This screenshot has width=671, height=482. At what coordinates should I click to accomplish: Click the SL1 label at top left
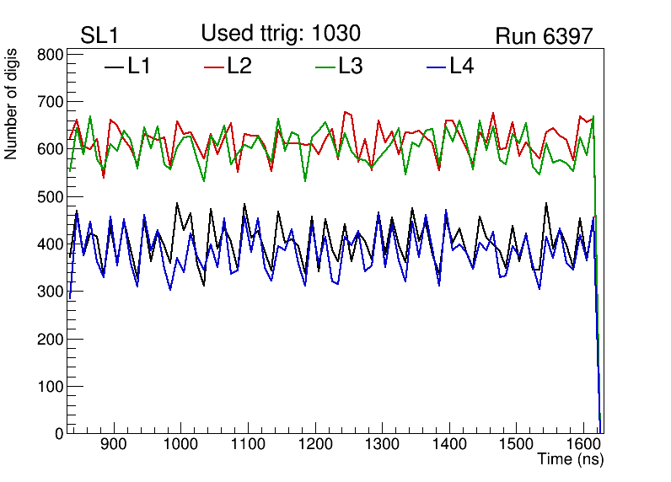[100, 36]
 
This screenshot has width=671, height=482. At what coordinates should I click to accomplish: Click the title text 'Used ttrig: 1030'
[281, 34]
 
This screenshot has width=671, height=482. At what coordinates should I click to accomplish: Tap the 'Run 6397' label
[544, 36]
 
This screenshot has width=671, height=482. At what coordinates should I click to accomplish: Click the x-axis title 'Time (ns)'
[571, 460]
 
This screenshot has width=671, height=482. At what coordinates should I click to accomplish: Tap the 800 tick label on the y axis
[51, 56]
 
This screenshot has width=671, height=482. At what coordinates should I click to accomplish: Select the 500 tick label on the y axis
[51, 197]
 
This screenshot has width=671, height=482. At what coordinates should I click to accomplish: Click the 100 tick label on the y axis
[51, 387]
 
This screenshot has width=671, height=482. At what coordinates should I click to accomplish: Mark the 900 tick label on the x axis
[113, 445]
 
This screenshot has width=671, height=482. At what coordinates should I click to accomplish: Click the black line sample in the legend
[113, 67]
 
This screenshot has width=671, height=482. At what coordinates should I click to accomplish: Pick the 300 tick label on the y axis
[51, 292]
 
